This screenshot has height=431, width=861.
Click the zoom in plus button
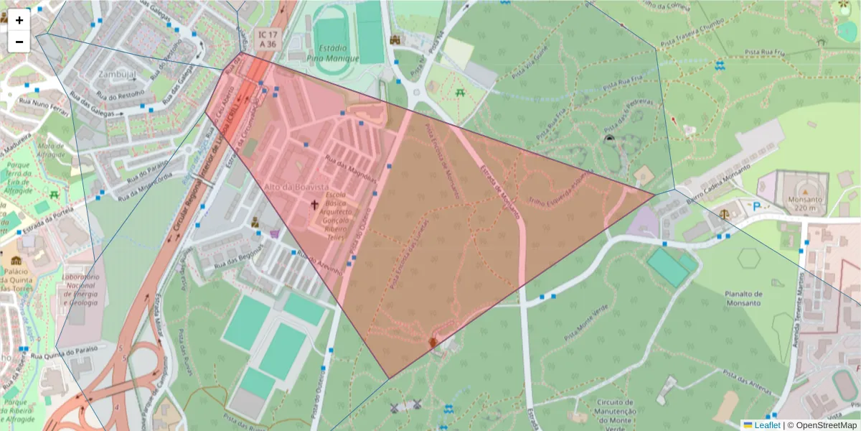(19, 20)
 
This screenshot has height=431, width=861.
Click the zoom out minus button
(19, 42)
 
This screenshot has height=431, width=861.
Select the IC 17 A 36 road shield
(268, 39)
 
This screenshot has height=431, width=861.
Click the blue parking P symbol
(757, 206)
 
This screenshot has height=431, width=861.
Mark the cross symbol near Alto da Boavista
(314, 205)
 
